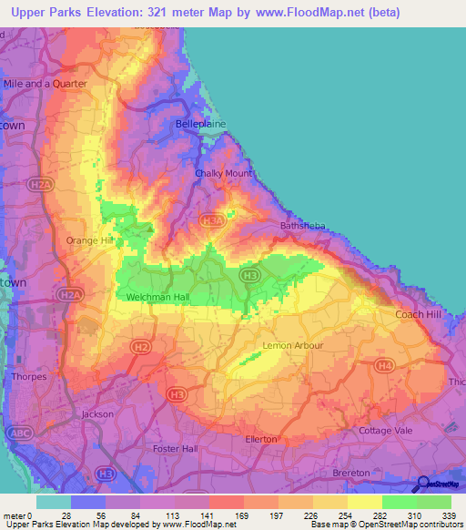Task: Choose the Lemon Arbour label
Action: (x=292, y=346)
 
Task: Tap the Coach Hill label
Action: (x=418, y=314)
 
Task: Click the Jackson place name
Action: (x=97, y=414)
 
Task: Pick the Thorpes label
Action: (x=28, y=376)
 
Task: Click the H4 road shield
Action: (x=385, y=366)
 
